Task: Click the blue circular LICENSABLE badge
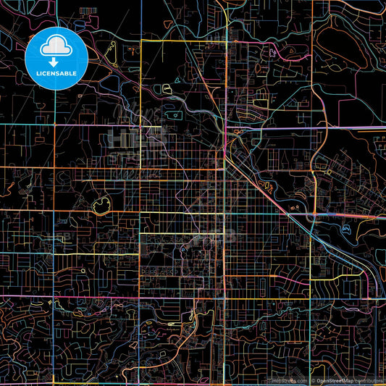pos(56,59)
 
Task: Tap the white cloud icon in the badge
pos(56,48)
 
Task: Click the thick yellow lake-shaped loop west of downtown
pos(100,208)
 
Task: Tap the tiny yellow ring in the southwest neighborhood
pos(83,272)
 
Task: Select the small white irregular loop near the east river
pos(345,229)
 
